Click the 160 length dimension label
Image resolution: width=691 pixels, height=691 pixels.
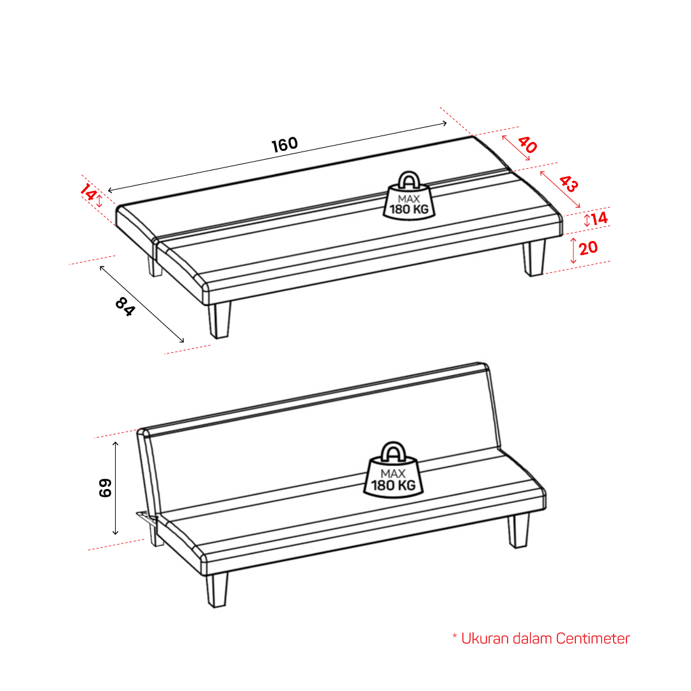[x=284, y=144]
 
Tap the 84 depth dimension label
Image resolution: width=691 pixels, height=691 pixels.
[x=125, y=307]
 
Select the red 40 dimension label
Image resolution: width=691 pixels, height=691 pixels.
[x=527, y=144]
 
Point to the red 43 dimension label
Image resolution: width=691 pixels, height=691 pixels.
[x=568, y=183]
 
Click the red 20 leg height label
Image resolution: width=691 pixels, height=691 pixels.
[x=588, y=248]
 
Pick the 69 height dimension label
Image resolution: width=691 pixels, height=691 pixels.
[x=105, y=488]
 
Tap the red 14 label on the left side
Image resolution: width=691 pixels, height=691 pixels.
[x=88, y=192]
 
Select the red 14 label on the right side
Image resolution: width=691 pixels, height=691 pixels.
[x=600, y=218]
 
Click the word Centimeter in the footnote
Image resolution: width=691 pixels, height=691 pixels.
[x=593, y=638]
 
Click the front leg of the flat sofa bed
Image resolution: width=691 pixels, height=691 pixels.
[x=219, y=320]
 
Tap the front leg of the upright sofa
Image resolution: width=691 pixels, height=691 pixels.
[x=217, y=589]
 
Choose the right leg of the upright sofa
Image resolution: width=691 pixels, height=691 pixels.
[x=518, y=531]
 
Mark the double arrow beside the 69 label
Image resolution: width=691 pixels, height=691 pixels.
[x=116, y=488]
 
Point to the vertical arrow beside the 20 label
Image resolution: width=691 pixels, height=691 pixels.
[x=573, y=251]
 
